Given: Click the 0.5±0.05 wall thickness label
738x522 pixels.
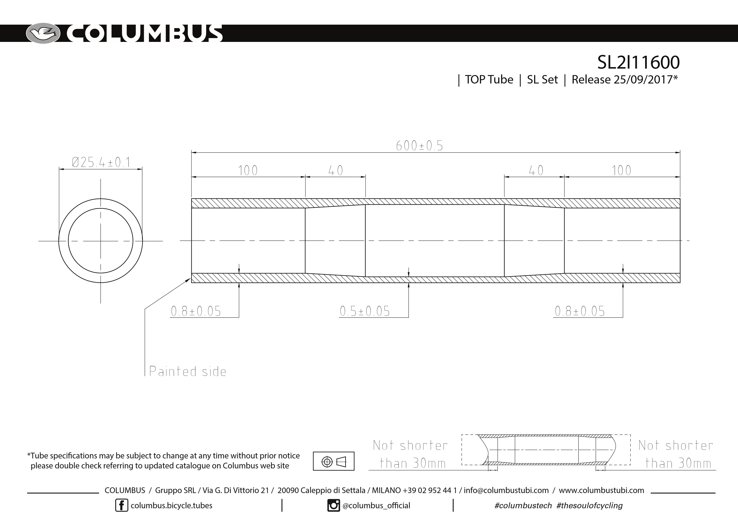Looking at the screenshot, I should (x=365, y=311).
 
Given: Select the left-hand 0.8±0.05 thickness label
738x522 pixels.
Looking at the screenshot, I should (x=196, y=311).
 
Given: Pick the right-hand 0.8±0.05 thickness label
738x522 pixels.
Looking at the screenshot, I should (x=580, y=311).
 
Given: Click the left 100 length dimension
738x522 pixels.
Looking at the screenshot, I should (x=248, y=170).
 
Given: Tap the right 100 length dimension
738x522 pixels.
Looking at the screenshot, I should (x=621, y=170).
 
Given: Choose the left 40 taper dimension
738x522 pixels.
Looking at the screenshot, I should (x=336, y=170).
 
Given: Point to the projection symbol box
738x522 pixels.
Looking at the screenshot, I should (x=334, y=461).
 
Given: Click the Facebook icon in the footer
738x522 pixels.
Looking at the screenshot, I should (x=122, y=505).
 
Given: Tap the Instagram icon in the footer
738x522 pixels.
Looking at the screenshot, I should (x=333, y=505).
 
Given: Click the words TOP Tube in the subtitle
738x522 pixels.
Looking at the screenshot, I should (x=489, y=79).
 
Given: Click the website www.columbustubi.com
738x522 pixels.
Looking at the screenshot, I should (x=601, y=490).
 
